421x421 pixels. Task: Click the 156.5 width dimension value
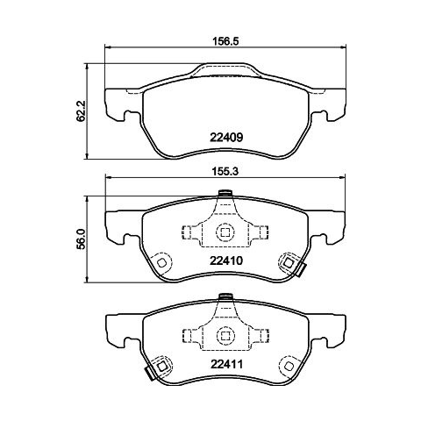point(225,41)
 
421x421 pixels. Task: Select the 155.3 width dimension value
point(225,172)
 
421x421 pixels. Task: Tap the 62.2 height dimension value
point(81,111)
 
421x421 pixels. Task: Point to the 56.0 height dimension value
point(81,239)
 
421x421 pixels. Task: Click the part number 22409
point(226,138)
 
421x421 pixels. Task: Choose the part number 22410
point(226,260)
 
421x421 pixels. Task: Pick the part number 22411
point(226,364)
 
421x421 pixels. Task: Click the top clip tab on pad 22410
point(225,193)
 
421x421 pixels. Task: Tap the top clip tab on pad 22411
point(225,296)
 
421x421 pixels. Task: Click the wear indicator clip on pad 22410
point(301,269)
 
